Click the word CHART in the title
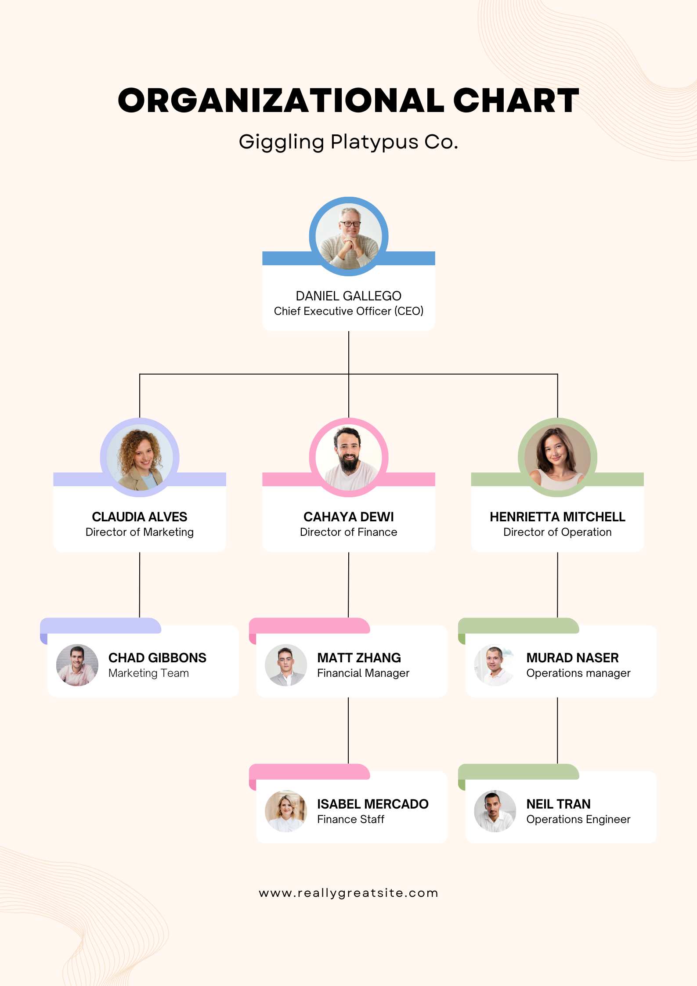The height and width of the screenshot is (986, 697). [x=516, y=101]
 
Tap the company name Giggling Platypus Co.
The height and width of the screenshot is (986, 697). [x=348, y=142]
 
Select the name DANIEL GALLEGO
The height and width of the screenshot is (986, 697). [x=348, y=296]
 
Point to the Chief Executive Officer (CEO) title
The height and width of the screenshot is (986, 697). [x=348, y=311]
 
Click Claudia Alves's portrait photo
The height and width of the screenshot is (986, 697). [x=140, y=457]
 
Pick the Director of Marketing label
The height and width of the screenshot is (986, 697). [x=140, y=532]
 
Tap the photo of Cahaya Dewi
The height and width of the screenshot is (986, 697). [x=349, y=457]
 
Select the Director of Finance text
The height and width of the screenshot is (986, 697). [x=348, y=532]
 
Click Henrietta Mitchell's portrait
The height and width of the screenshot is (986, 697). [x=557, y=457]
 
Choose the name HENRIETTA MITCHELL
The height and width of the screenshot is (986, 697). [x=557, y=517]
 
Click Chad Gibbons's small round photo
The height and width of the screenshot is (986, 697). [x=77, y=665]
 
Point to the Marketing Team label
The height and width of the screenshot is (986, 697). [x=148, y=673]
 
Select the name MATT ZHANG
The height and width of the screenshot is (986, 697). [x=359, y=658]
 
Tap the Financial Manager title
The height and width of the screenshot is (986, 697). [x=363, y=673]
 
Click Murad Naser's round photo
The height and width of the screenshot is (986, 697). [x=495, y=665]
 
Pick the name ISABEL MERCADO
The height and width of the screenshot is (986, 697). [x=372, y=804]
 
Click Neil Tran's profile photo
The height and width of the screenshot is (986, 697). [x=495, y=811]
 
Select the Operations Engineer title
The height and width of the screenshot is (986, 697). [x=578, y=820]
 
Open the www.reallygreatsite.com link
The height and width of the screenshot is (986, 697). [x=348, y=893]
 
